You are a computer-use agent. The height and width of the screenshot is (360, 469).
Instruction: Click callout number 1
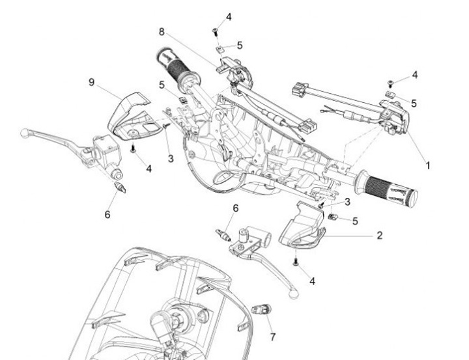(x=428, y=165)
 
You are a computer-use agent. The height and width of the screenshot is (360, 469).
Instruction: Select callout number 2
(x=379, y=235)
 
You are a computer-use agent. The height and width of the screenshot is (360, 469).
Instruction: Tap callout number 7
(x=273, y=337)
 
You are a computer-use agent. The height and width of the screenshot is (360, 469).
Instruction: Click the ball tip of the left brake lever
(x=24, y=133)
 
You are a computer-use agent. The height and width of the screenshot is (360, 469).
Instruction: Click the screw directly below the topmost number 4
(x=214, y=31)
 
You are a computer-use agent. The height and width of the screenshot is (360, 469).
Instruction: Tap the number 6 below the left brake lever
(x=107, y=213)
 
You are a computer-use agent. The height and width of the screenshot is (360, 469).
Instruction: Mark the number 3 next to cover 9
(x=171, y=158)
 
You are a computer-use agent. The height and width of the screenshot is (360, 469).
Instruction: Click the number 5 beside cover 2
(x=355, y=221)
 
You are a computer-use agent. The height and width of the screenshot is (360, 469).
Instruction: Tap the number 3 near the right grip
(x=347, y=202)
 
